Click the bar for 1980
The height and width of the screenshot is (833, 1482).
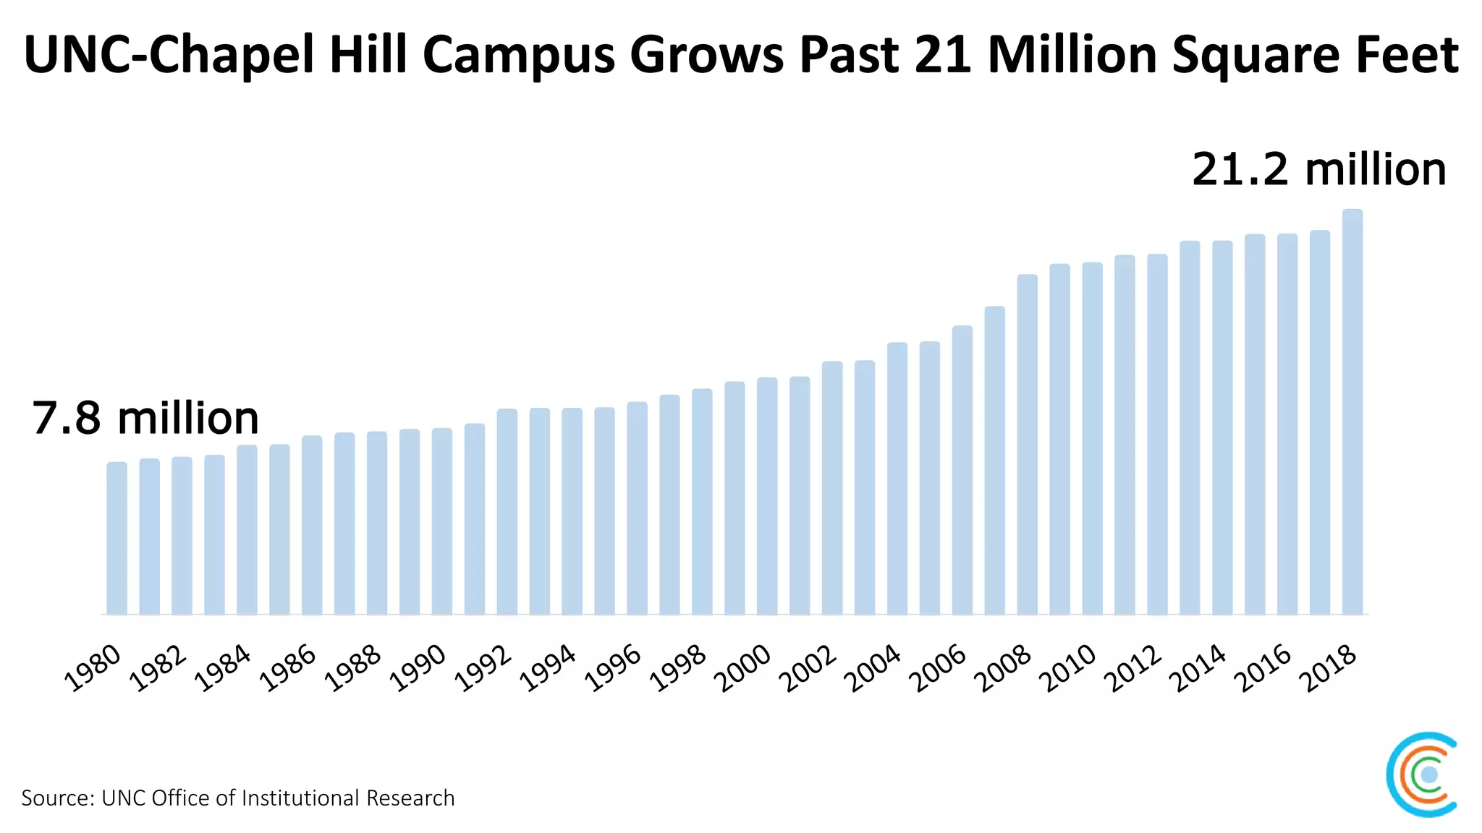point(117,539)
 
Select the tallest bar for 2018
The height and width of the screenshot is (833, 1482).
point(1352,412)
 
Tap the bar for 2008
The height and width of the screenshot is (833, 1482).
point(1027,445)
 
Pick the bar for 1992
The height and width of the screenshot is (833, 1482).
point(507,512)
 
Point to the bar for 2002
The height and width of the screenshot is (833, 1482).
point(832,488)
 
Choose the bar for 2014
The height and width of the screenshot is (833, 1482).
point(1222,428)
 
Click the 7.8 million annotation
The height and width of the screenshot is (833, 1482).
point(145,418)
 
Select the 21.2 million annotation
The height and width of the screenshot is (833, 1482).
point(1318,169)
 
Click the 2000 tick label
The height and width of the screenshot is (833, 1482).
point(743,668)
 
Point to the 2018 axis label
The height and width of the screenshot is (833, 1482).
point(1328,668)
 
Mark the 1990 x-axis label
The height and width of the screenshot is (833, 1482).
point(418,668)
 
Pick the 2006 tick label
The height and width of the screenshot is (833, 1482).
point(938,668)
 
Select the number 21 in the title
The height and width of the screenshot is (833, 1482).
point(943,55)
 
